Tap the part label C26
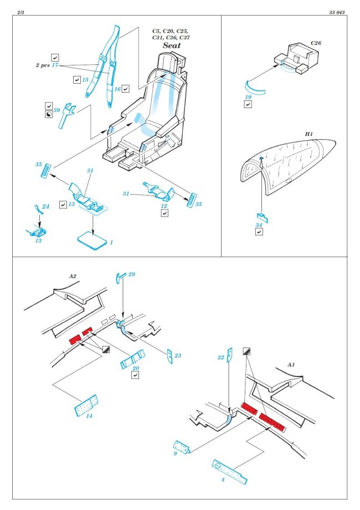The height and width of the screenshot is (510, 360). pos(316,43)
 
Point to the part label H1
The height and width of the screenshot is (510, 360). pos(308,134)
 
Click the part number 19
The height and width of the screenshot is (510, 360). pos(249,98)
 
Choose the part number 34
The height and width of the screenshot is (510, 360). pos(259,225)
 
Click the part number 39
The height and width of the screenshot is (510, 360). pos(56,110)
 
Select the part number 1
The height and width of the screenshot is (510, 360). pos(111,242)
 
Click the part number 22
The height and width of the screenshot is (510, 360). pos(220,358)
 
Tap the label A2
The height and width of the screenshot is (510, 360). pos(72,276)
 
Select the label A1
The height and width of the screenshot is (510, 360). pos(292,365)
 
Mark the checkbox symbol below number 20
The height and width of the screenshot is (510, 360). pos(135,375)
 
